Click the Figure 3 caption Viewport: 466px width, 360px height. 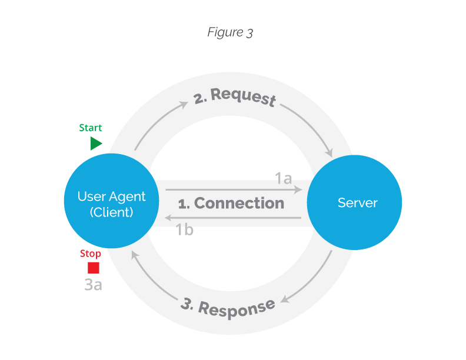click(230, 32)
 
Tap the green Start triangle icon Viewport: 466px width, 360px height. click(96, 144)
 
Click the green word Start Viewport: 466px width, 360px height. click(91, 128)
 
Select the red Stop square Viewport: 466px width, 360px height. click(94, 268)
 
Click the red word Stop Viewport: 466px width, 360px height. click(91, 254)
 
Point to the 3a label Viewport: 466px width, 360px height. click(93, 285)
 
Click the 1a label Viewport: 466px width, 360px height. click(284, 178)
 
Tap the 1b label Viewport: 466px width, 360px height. click(184, 230)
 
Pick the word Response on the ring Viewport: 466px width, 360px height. click(237, 308)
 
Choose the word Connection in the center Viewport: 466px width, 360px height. click(239, 204)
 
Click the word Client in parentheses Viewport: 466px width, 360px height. click(112, 212)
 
